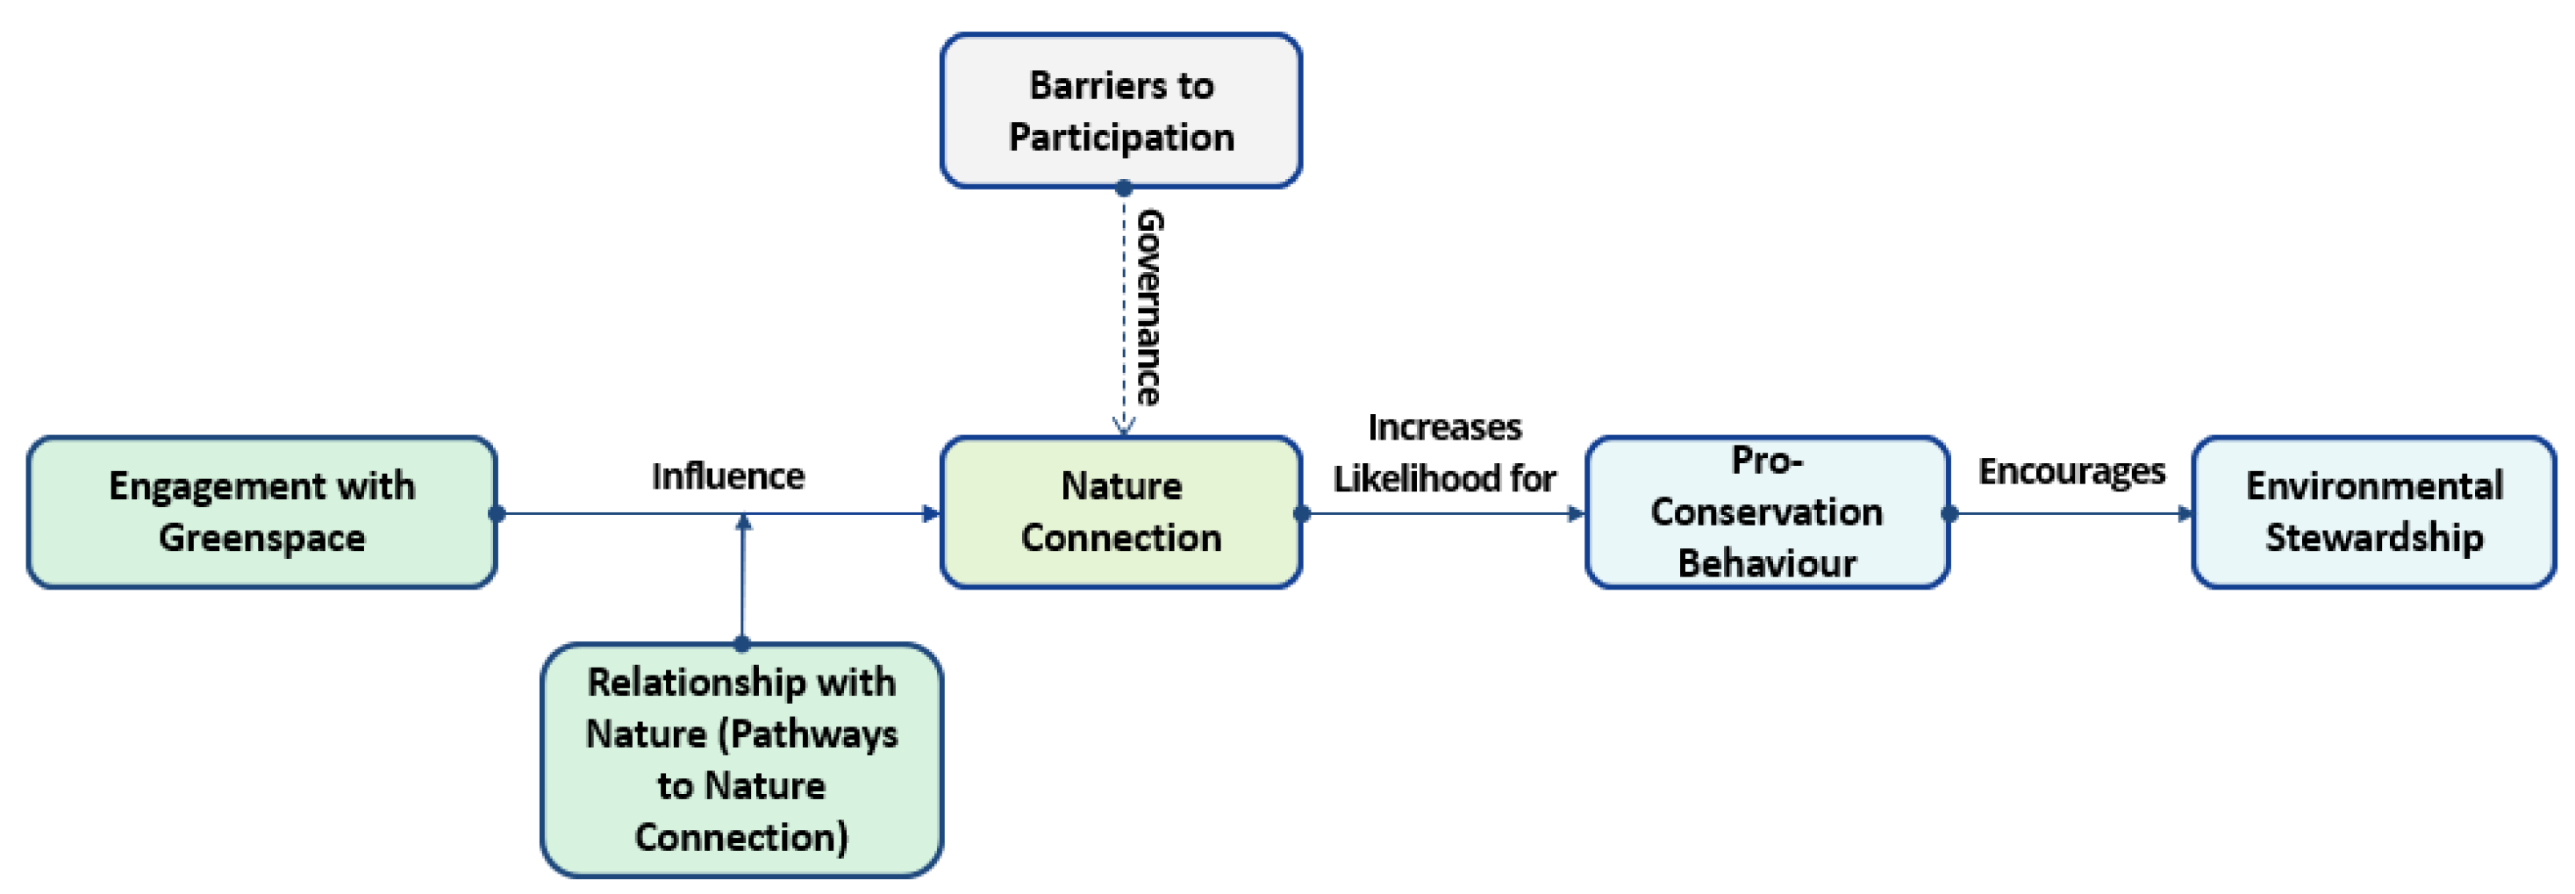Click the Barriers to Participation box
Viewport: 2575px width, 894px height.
pos(1120,110)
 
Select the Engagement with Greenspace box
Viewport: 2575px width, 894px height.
pos(262,512)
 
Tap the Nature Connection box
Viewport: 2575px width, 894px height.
pos(1120,512)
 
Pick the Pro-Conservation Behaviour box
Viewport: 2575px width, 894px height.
pos(1766,512)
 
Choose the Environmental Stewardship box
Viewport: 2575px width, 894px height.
pos(2373,512)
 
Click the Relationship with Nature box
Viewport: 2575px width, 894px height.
pos(740,760)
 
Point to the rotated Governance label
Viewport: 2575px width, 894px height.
pos(1149,307)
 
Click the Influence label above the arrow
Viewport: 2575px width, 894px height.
pos(727,476)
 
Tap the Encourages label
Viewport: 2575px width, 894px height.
pos(2071,471)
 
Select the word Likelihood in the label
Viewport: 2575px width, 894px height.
pos(1407,479)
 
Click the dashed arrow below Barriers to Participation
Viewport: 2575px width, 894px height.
pos(1124,310)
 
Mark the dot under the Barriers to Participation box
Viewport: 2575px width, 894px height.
pos(1124,187)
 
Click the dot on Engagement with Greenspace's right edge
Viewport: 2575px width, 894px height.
pos(497,514)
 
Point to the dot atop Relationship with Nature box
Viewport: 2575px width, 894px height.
pos(741,643)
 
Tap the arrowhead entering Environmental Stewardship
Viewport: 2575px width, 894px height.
pos(2185,514)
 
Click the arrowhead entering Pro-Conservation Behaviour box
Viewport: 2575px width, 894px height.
pos(1577,514)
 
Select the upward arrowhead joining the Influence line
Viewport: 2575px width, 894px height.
pos(743,523)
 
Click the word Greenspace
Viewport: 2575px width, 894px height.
pos(262,538)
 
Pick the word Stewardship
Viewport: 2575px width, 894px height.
pos(2373,538)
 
